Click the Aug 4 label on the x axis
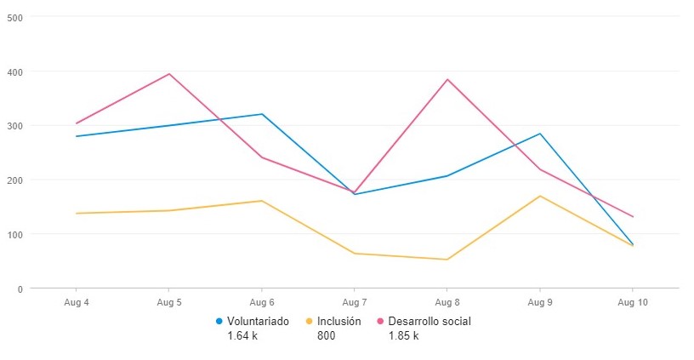tap(77, 302)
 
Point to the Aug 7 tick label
tap(355, 302)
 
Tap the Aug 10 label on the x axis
tap(633, 302)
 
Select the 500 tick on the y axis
tap(15, 17)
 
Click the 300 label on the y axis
tap(15, 126)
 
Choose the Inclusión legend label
tap(338, 322)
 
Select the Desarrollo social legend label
tap(429, 322)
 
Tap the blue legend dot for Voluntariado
tap(219, 322)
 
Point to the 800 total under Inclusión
tap(326, 335)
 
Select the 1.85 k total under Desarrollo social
tap(403, 335)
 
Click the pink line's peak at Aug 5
tap(169, 74)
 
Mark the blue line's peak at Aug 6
tap(262, 114)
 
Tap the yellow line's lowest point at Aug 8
tap(447, 260)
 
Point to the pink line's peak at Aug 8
tap(447, 79)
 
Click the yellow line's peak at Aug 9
tap(540, 196)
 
